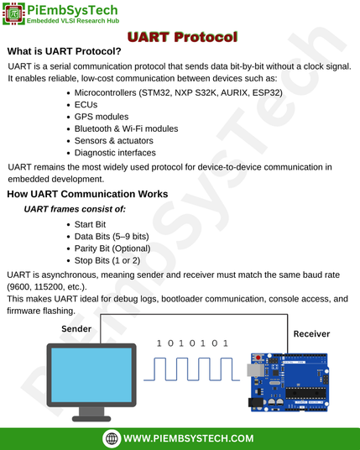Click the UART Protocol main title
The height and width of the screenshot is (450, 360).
(182, 37)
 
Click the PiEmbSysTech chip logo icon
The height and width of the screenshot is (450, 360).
(13, 13)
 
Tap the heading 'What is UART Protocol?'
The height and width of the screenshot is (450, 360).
(65, 51)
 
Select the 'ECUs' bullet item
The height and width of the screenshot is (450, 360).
(86, 105)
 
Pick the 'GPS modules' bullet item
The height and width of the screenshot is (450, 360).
(102, 117)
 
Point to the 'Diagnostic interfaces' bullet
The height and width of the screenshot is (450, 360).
(115, 153)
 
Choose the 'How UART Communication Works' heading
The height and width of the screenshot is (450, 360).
(87, 194)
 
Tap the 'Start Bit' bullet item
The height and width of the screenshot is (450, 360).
(90, 224)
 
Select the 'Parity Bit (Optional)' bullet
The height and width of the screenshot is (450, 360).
(112, 249)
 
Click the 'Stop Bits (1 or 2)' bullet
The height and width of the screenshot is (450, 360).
(107, 260)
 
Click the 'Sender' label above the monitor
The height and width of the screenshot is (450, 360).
(76, 329)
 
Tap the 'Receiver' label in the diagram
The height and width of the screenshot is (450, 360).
(311, 334)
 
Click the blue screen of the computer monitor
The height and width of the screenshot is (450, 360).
(91, 375)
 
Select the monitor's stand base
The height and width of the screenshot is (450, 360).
(91, 419)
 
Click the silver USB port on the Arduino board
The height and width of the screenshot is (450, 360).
(255, 370)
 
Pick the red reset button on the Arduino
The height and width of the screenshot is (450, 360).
(258, 358)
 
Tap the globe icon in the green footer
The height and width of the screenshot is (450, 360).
(112, 438)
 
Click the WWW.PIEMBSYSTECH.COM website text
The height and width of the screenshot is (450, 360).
(189, 438)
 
